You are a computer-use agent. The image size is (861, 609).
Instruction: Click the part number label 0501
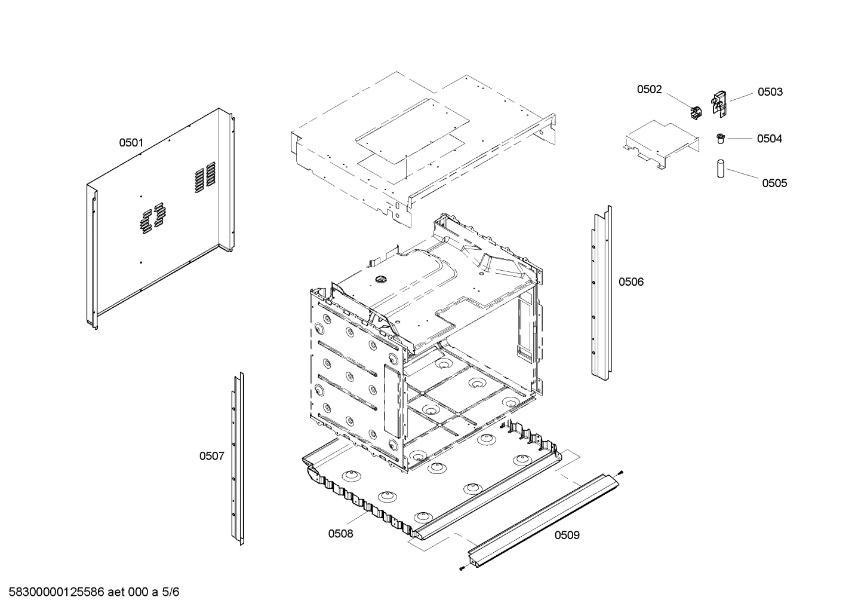(x=131, y=143)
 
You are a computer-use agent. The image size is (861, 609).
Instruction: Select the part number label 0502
(x=649, y=90)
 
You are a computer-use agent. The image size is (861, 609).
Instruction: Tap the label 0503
(x=770, y=92)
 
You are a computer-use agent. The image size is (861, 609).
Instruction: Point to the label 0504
(x=769, y=139)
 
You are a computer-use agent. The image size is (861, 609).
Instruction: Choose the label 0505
(x=774, y=183)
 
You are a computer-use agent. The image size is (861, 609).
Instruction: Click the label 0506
(x=631, y=282)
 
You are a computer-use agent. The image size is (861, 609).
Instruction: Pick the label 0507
(x=211, y=457)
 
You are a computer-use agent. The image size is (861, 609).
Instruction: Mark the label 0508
(x=340, y=534)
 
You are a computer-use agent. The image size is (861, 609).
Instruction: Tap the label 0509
(x=567, y=535)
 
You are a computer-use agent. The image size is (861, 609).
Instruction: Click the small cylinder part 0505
(x=721, y=169)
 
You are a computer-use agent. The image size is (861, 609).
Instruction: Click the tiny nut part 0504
(x=721, y=139)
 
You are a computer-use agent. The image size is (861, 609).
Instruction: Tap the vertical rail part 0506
(x=601, y=293)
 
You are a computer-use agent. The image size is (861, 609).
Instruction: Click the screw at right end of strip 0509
(x=622, y=473)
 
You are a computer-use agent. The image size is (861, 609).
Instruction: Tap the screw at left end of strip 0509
(x=462, y=568)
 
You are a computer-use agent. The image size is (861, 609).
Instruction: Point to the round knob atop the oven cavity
(x=380, y=279)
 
